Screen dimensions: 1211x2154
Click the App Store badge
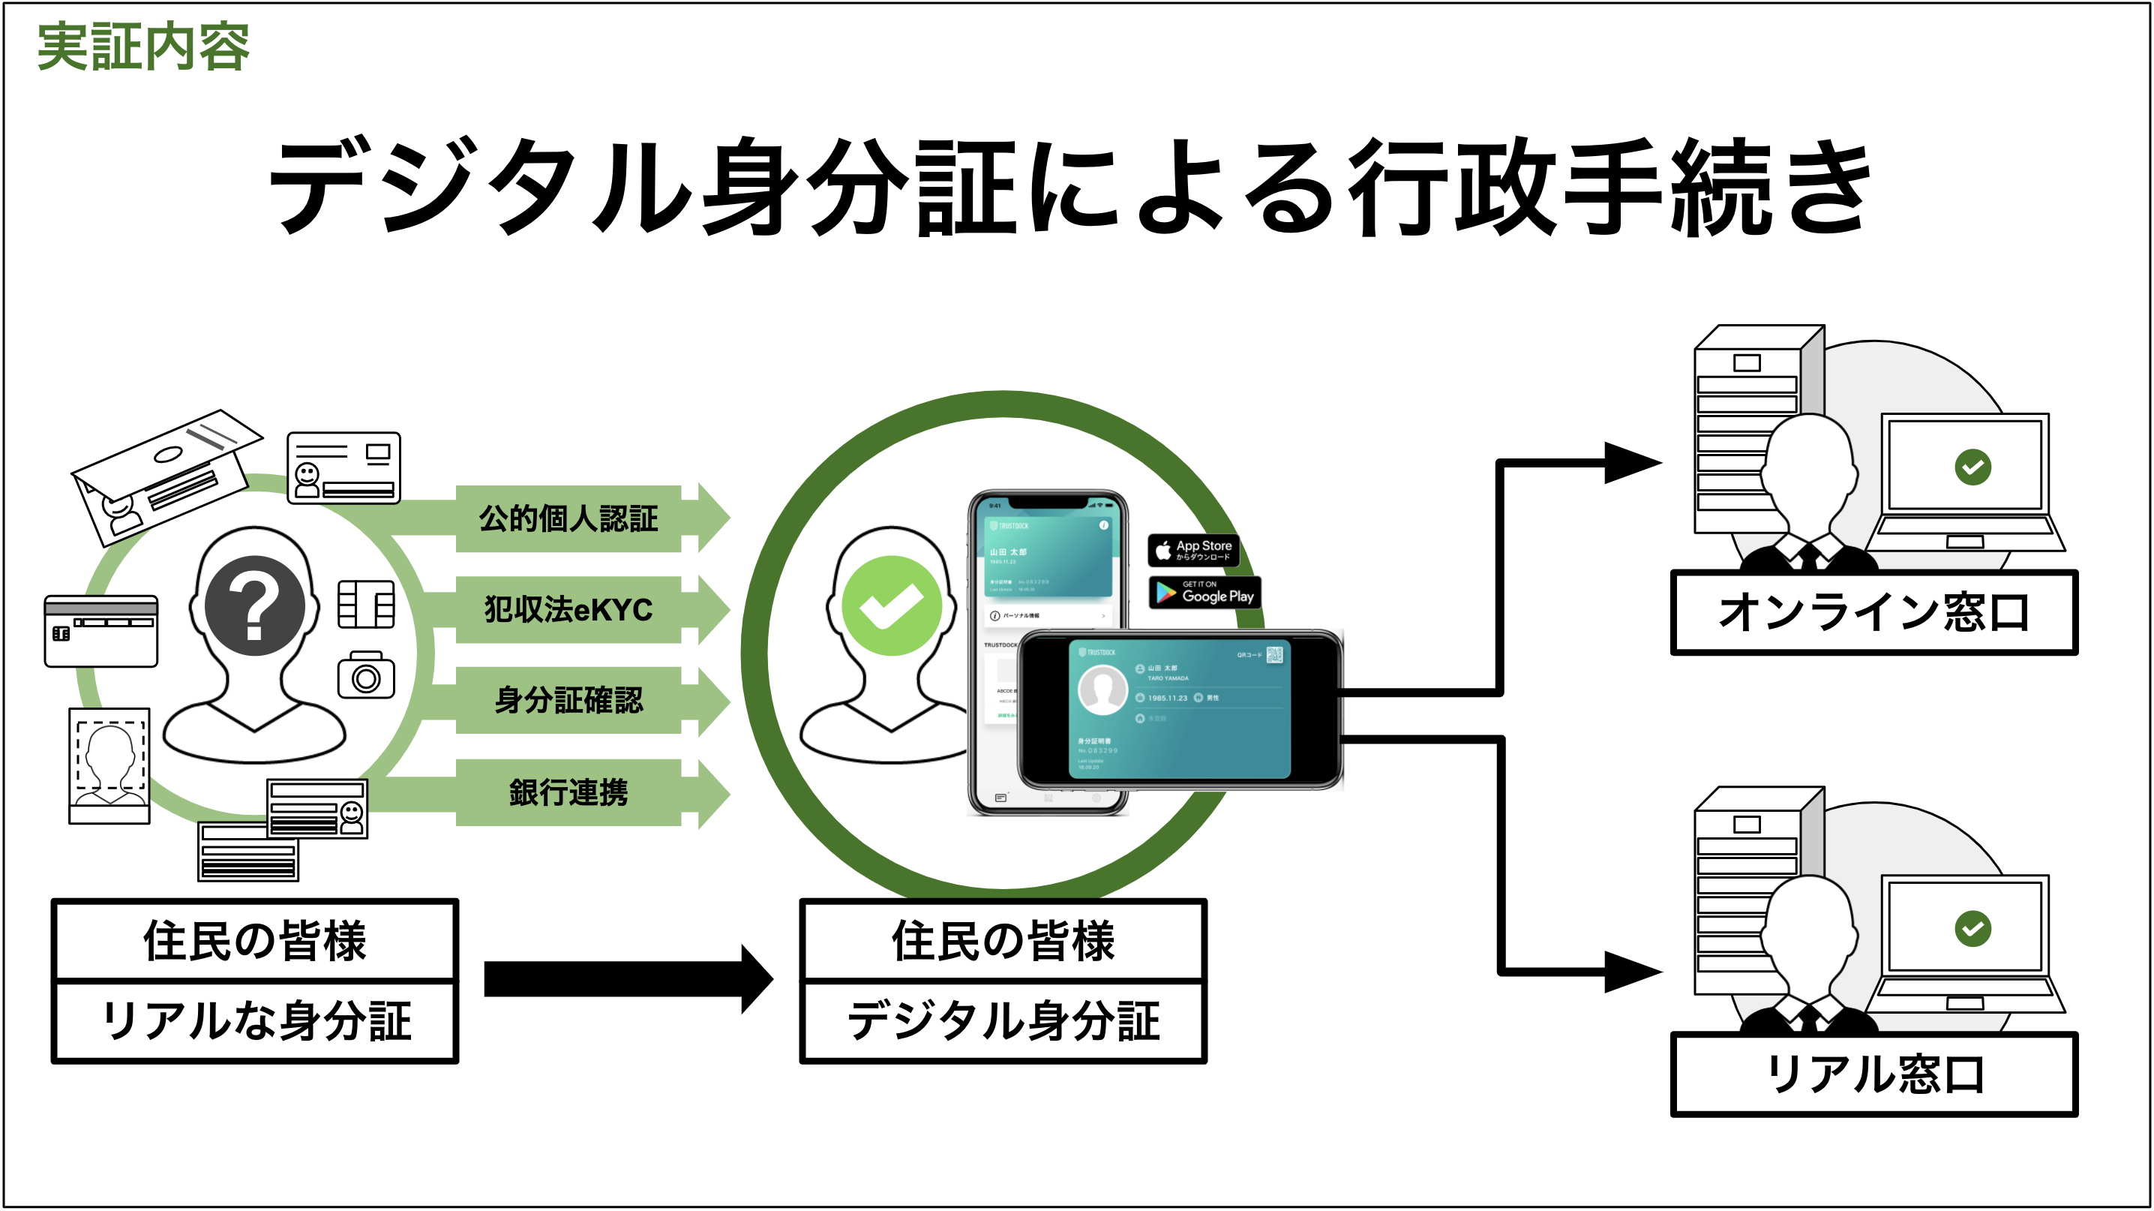pyautogui.click(x=1193, y=550)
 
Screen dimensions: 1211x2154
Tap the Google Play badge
pyautogui.click(x=1205, y=593)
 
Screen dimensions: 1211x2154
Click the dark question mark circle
pyautogui.click(x=255, y=605)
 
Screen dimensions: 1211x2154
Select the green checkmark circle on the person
pyautogui.click(x=891, y=605)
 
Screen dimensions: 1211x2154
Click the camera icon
pyautogui.click(x=366, y=676)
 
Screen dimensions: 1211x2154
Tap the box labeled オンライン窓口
pyautogui.click(x=1874, y=612)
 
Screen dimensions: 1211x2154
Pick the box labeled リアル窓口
pyautogui.click(x=1874, y=1074)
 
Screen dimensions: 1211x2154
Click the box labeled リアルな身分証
pyautogui.click(x=255, y=1021)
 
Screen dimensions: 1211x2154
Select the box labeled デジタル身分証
pyautogui.click(x=1003, y=1021)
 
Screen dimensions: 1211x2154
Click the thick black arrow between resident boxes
pyautogui.click(x=627, y=978)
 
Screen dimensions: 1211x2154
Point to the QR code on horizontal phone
pyautogui.click(x=1274, y=654)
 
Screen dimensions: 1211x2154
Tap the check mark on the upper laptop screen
pyautogui.click(x=1972, y=467)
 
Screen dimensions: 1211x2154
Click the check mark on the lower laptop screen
pyautogui.click(x=1972, y=928)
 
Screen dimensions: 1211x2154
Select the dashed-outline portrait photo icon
pyautogui.click(x=109, y=765)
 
